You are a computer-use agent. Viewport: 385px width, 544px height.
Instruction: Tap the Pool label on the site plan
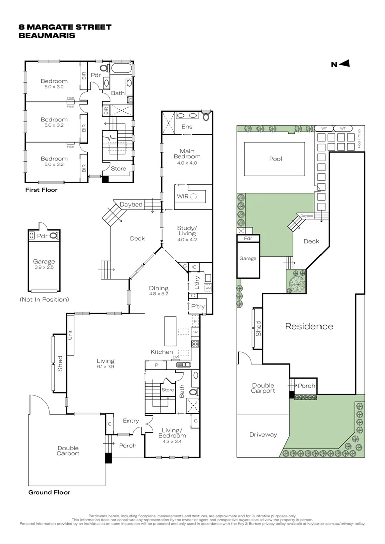[275, 159]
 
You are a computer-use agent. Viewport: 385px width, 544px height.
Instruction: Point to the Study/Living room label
[187, 234]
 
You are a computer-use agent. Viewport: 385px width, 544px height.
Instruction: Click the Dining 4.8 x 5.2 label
[158, 292]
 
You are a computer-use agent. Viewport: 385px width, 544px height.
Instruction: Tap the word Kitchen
[162, 352]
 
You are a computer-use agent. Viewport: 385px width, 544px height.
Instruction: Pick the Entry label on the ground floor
[131, 421]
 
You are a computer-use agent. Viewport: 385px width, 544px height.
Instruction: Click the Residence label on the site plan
[309, 326]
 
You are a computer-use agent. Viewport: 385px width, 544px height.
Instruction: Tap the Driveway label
[263, 434]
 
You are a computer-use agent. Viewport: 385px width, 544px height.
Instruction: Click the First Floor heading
[41, 190]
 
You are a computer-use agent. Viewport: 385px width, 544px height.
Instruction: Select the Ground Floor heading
[49, 492]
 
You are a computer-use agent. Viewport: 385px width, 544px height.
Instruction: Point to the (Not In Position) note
[44, 299]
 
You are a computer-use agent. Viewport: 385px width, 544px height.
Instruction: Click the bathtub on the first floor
[121, 69]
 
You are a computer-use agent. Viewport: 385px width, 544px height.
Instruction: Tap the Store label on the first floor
[118, 169]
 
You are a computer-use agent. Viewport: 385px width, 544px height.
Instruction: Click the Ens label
[187, 127]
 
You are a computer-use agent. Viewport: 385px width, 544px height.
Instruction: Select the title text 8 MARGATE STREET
[65, 27]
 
